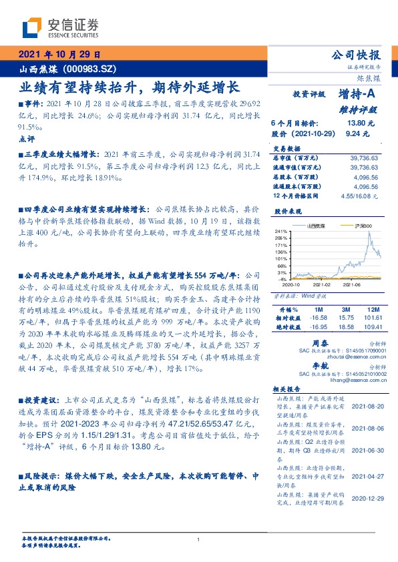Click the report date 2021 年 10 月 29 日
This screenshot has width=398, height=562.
click(59, 55)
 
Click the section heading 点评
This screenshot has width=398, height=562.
click(27, 138)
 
